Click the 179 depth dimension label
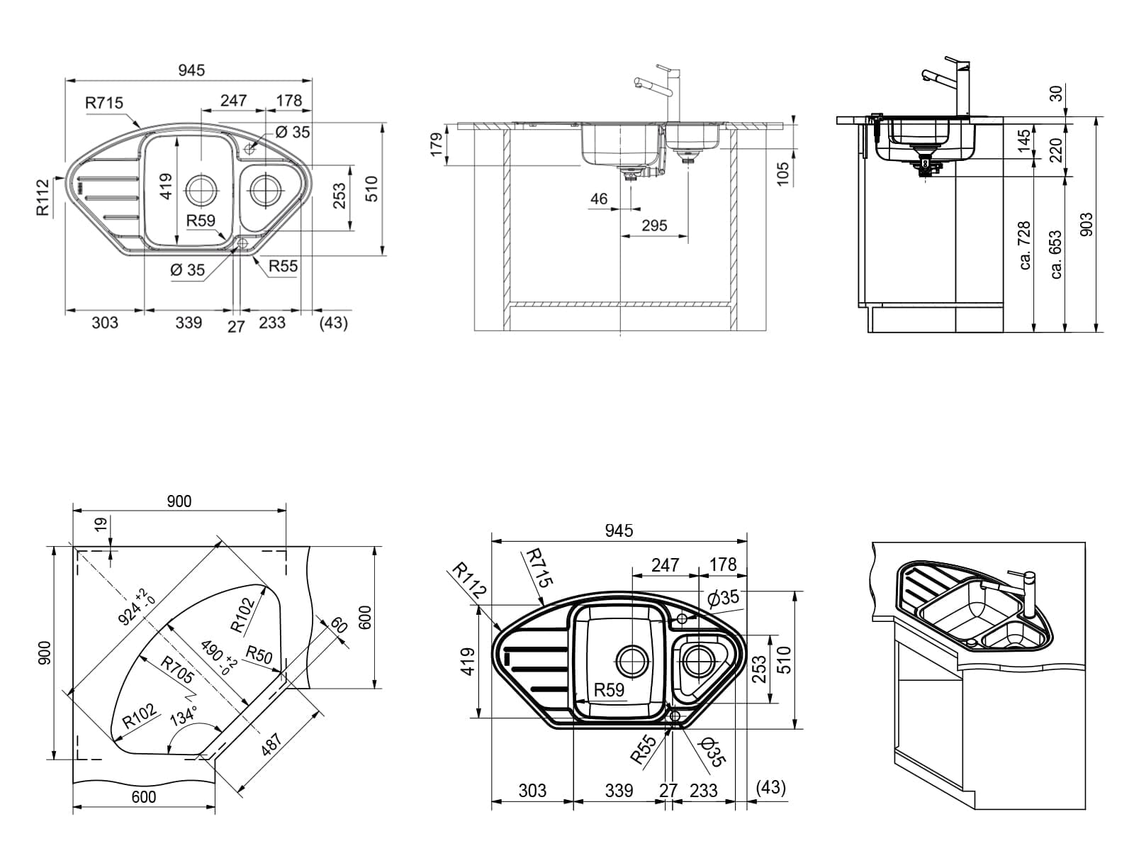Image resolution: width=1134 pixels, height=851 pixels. [437, 144]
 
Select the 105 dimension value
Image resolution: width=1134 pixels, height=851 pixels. [784, 174]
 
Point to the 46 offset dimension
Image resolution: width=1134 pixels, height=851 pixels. [599, 199]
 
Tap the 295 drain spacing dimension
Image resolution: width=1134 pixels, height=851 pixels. [654, 226]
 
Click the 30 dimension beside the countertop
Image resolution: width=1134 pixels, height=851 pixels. [1056, 94]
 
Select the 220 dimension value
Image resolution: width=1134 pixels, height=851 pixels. [1056, 150]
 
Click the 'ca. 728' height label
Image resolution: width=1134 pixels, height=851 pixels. [1024, 245]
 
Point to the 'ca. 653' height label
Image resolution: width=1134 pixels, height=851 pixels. [1056, 254]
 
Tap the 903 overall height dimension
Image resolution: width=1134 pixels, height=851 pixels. [1087, 224]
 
